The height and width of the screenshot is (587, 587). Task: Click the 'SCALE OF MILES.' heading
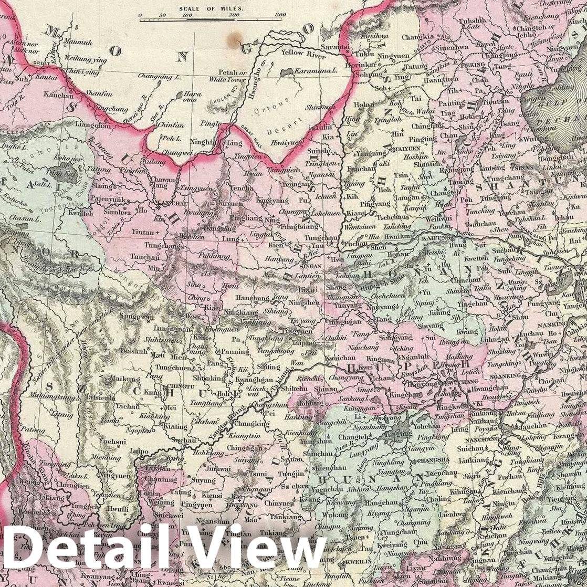[212, 8]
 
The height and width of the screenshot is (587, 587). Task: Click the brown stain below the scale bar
[235, 38]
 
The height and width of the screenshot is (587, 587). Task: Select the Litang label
[62, 415]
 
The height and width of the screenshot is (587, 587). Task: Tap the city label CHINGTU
[180, 384]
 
